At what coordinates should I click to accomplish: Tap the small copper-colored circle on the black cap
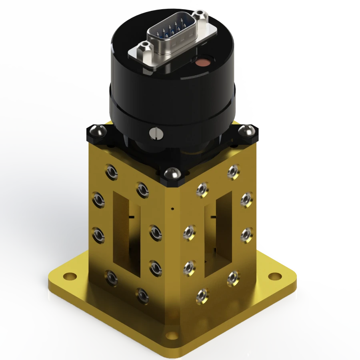tap(203, 62)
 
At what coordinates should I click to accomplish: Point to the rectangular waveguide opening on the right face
tap(218, 234)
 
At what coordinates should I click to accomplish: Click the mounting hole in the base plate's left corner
tap(70, 276)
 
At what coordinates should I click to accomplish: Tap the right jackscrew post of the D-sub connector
tap(200, 15)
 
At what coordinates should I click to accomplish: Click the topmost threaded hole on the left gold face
tap(112, 172)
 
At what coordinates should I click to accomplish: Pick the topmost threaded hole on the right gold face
tap(233, 172)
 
